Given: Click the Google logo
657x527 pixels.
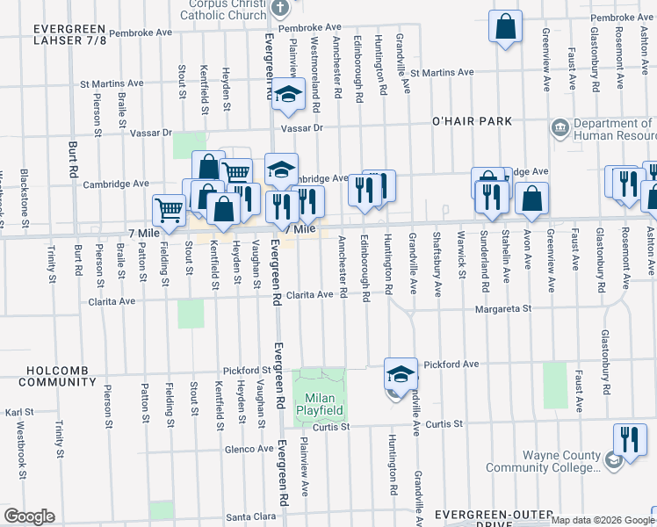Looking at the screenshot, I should click(29, 516).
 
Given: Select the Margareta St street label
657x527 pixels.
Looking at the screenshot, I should click(503, 309).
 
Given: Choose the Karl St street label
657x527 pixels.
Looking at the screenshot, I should click(19, 411).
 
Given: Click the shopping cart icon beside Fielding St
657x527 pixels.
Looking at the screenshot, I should click(168, 210).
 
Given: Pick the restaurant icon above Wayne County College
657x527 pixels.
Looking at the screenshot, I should click(629, 440).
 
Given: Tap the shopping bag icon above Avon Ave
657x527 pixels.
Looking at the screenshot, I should click(531, 199).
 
